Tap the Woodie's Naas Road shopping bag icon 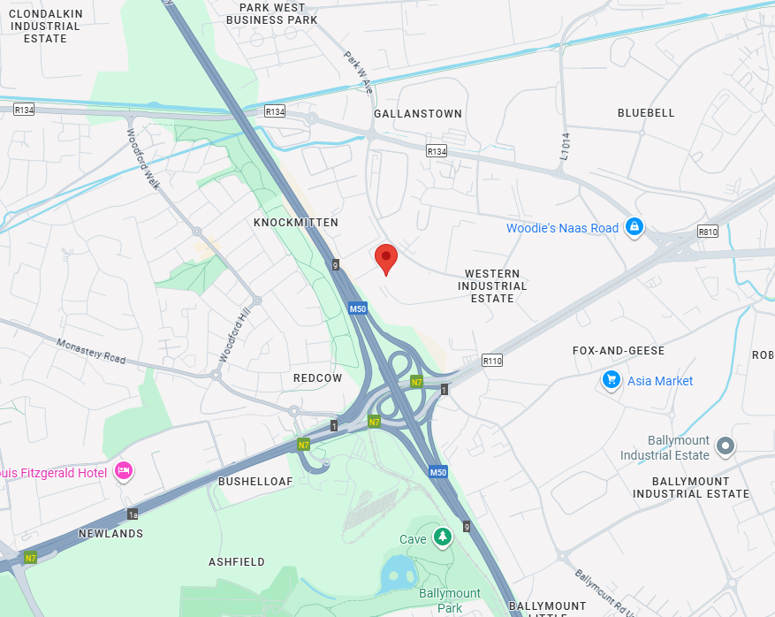tap(634, 228)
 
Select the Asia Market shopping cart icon tap(611, 380)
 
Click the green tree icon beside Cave tap(442, 537)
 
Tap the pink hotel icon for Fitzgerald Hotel tap(124, 471)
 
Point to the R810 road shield tap(708, 232)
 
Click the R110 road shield tap(492, 361)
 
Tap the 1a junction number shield tap(133, 514)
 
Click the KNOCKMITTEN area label tap(296, 223)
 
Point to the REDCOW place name tap(317, 378)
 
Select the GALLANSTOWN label tap(418, 114)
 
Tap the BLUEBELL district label tap(646, 113)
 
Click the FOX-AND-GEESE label tap(619, 351)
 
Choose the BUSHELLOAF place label tap(255, 481)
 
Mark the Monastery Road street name tap(91, 352)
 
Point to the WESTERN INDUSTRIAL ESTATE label tap(492, 286)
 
